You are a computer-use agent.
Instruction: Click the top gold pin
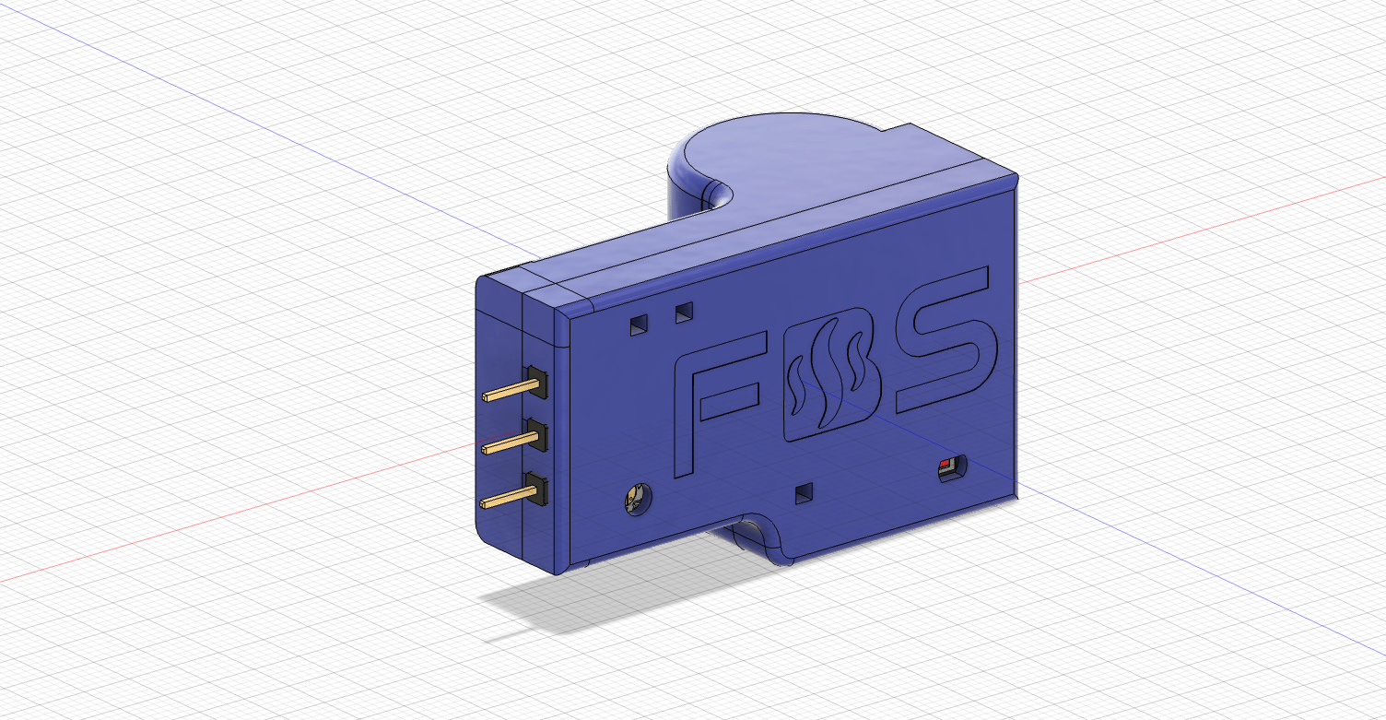(x=510, y=391)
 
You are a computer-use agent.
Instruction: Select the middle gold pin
(x=510, y=443)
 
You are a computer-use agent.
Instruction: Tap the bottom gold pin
(x=510, y=497)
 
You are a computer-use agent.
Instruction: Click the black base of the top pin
(x=537, y=382)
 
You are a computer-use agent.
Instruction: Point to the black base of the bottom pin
(x=537, y=490)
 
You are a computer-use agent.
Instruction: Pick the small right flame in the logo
(x=855, y=361)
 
